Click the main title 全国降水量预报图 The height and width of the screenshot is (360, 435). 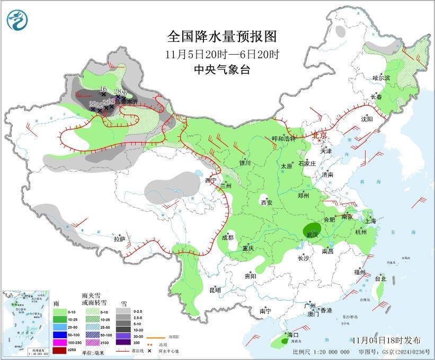point(222,36)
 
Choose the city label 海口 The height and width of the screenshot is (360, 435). point(293,335)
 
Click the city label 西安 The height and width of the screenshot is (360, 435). point(266,202)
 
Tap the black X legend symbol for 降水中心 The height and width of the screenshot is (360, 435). point(150,351)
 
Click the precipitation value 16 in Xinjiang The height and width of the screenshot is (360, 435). point(103,89)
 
